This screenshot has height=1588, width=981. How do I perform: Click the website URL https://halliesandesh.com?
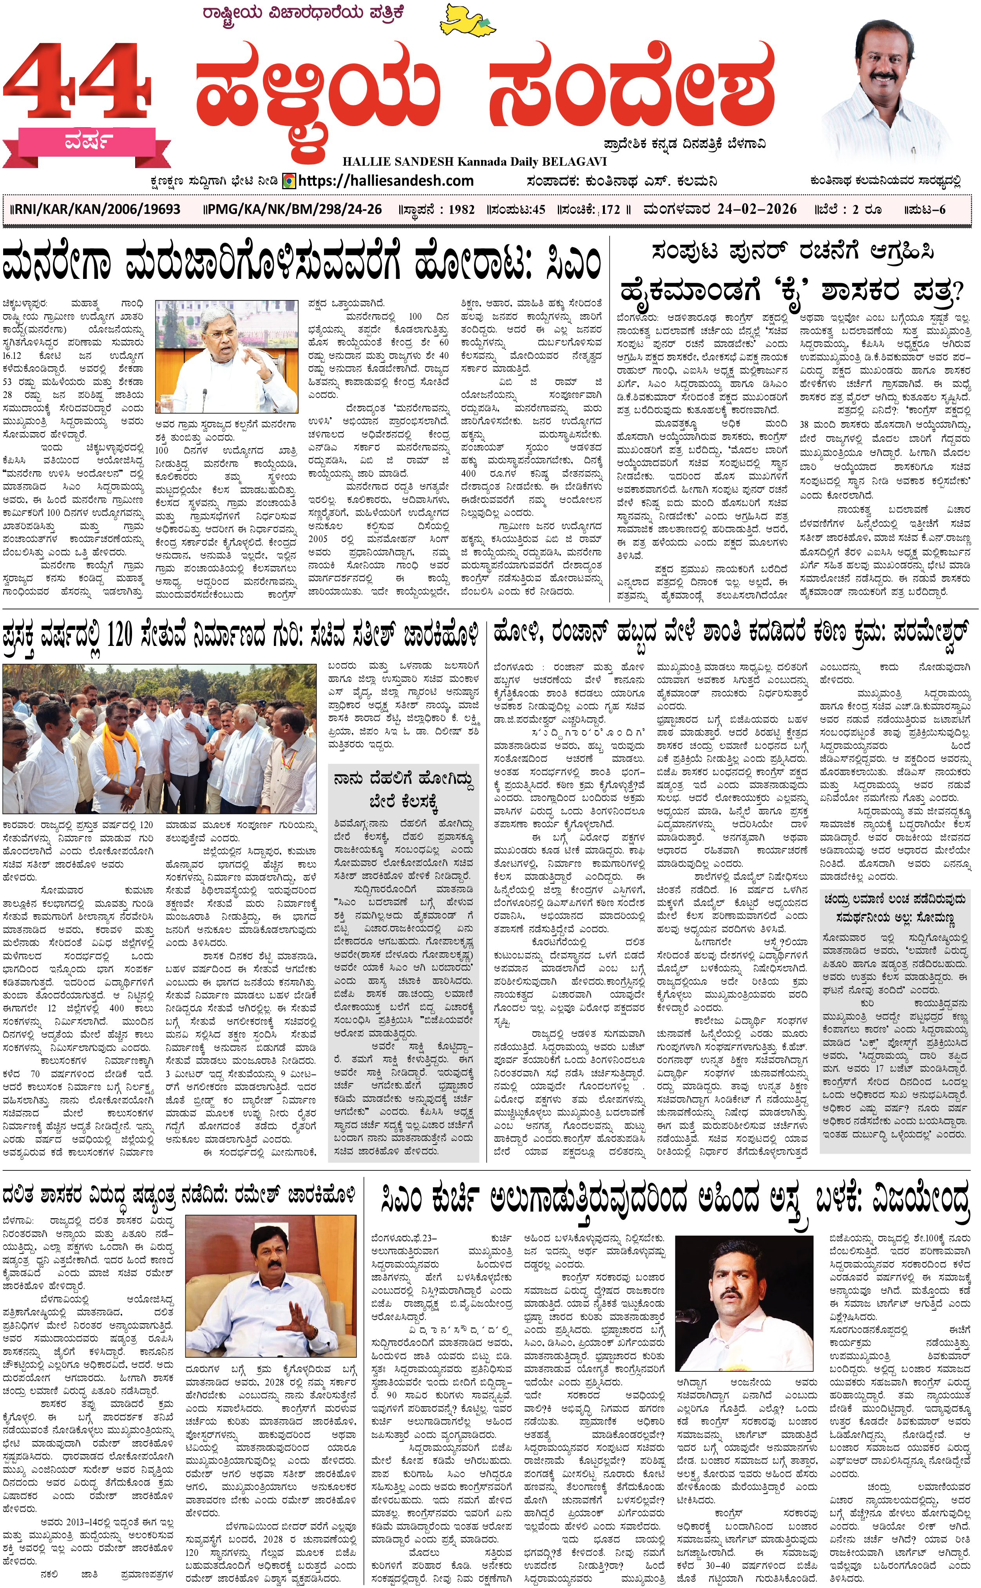click(386, 181)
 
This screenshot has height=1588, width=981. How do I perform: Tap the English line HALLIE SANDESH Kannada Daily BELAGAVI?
click(474, 161)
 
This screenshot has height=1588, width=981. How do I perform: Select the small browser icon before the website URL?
click(290, 181)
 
